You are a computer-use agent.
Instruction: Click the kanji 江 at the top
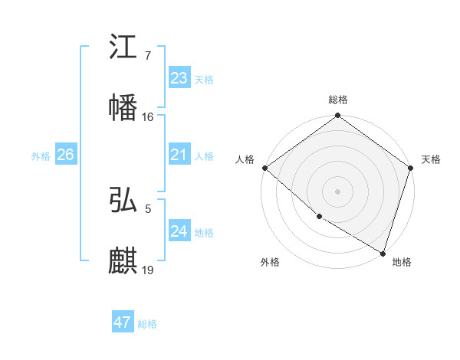tap(124, 47)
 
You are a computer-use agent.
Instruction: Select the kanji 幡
tap(124, 107)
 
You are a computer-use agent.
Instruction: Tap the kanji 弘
tap(124, 201)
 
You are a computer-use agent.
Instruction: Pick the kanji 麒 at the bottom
tap(124, 261)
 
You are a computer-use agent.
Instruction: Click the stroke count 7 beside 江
tap(148, 57)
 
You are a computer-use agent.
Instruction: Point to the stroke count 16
tap(148, 117)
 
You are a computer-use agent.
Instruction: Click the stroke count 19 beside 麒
tap(148, 270)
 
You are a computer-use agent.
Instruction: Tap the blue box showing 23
tap(179, 78)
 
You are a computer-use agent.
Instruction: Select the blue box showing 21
tap(179, 155)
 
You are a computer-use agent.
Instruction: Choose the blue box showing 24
tap(179, 231)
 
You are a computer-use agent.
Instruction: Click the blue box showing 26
tap(65, 155)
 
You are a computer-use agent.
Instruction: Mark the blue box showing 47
tap(123, 322)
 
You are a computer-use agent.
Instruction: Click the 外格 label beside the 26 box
tap(41, 156)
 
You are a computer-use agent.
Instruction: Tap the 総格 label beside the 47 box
tap(147, 324)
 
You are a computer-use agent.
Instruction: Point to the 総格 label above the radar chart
tap(338, 100)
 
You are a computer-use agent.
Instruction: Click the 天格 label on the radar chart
tap(431, 159)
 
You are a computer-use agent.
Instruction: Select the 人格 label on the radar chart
tap(245, 159)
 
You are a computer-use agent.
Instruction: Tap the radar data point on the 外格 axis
tap(319, 216)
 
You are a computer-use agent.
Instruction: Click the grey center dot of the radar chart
tap(338, 191)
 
